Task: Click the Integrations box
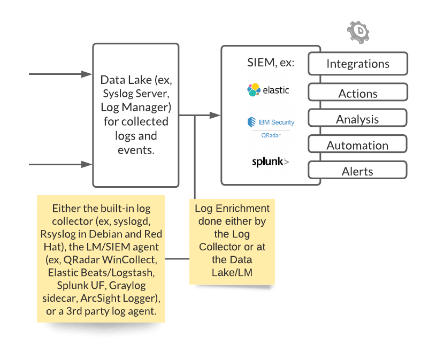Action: [358, 64]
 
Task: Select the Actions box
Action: [358, 94]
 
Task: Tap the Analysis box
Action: [358, 119]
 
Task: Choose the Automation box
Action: [358, 145]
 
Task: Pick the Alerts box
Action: [358, 171]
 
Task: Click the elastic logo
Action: [268, 90]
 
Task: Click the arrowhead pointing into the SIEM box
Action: [215, 115]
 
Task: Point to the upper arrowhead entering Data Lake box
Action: [87, 74]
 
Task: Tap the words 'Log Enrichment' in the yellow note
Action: [232, 209]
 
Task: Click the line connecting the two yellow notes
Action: [177, 259]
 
